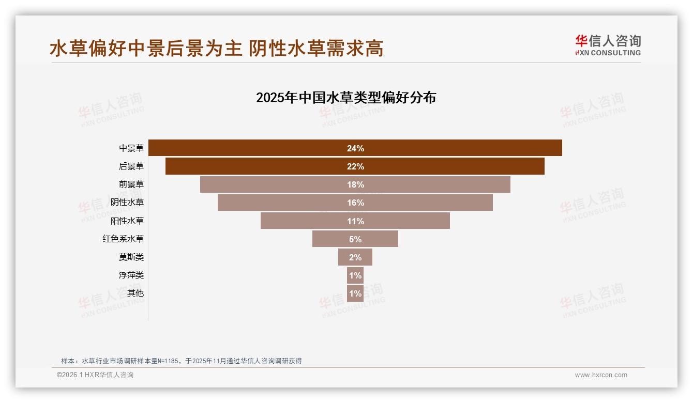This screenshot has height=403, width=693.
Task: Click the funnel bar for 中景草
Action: click(x=259, y=148)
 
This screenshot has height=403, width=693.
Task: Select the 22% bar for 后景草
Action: click(x=259, y=166)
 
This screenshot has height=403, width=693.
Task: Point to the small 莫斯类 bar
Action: click(x=343, y=257)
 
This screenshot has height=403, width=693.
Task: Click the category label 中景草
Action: click(x=131, y=148)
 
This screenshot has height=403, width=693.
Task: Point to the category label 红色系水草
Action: click(x=123, y=239)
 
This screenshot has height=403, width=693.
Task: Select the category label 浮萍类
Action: click(x=131, y=275)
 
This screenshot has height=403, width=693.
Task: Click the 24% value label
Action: click(x=355, y=148)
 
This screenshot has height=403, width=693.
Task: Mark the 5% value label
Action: click(x=355, y=239)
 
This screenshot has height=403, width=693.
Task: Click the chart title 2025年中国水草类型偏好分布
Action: click(x=346, y=98)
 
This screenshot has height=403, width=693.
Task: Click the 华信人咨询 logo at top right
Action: click(x=608, y=45)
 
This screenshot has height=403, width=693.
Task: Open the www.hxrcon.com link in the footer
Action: click(x=601, y=375)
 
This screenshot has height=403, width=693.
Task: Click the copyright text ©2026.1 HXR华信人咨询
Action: click(x=95, y=375)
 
